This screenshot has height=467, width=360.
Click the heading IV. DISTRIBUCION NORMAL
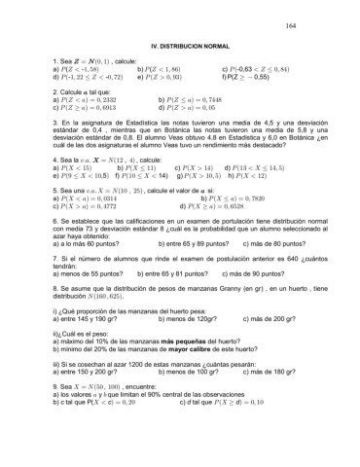[x=181, y=47]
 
